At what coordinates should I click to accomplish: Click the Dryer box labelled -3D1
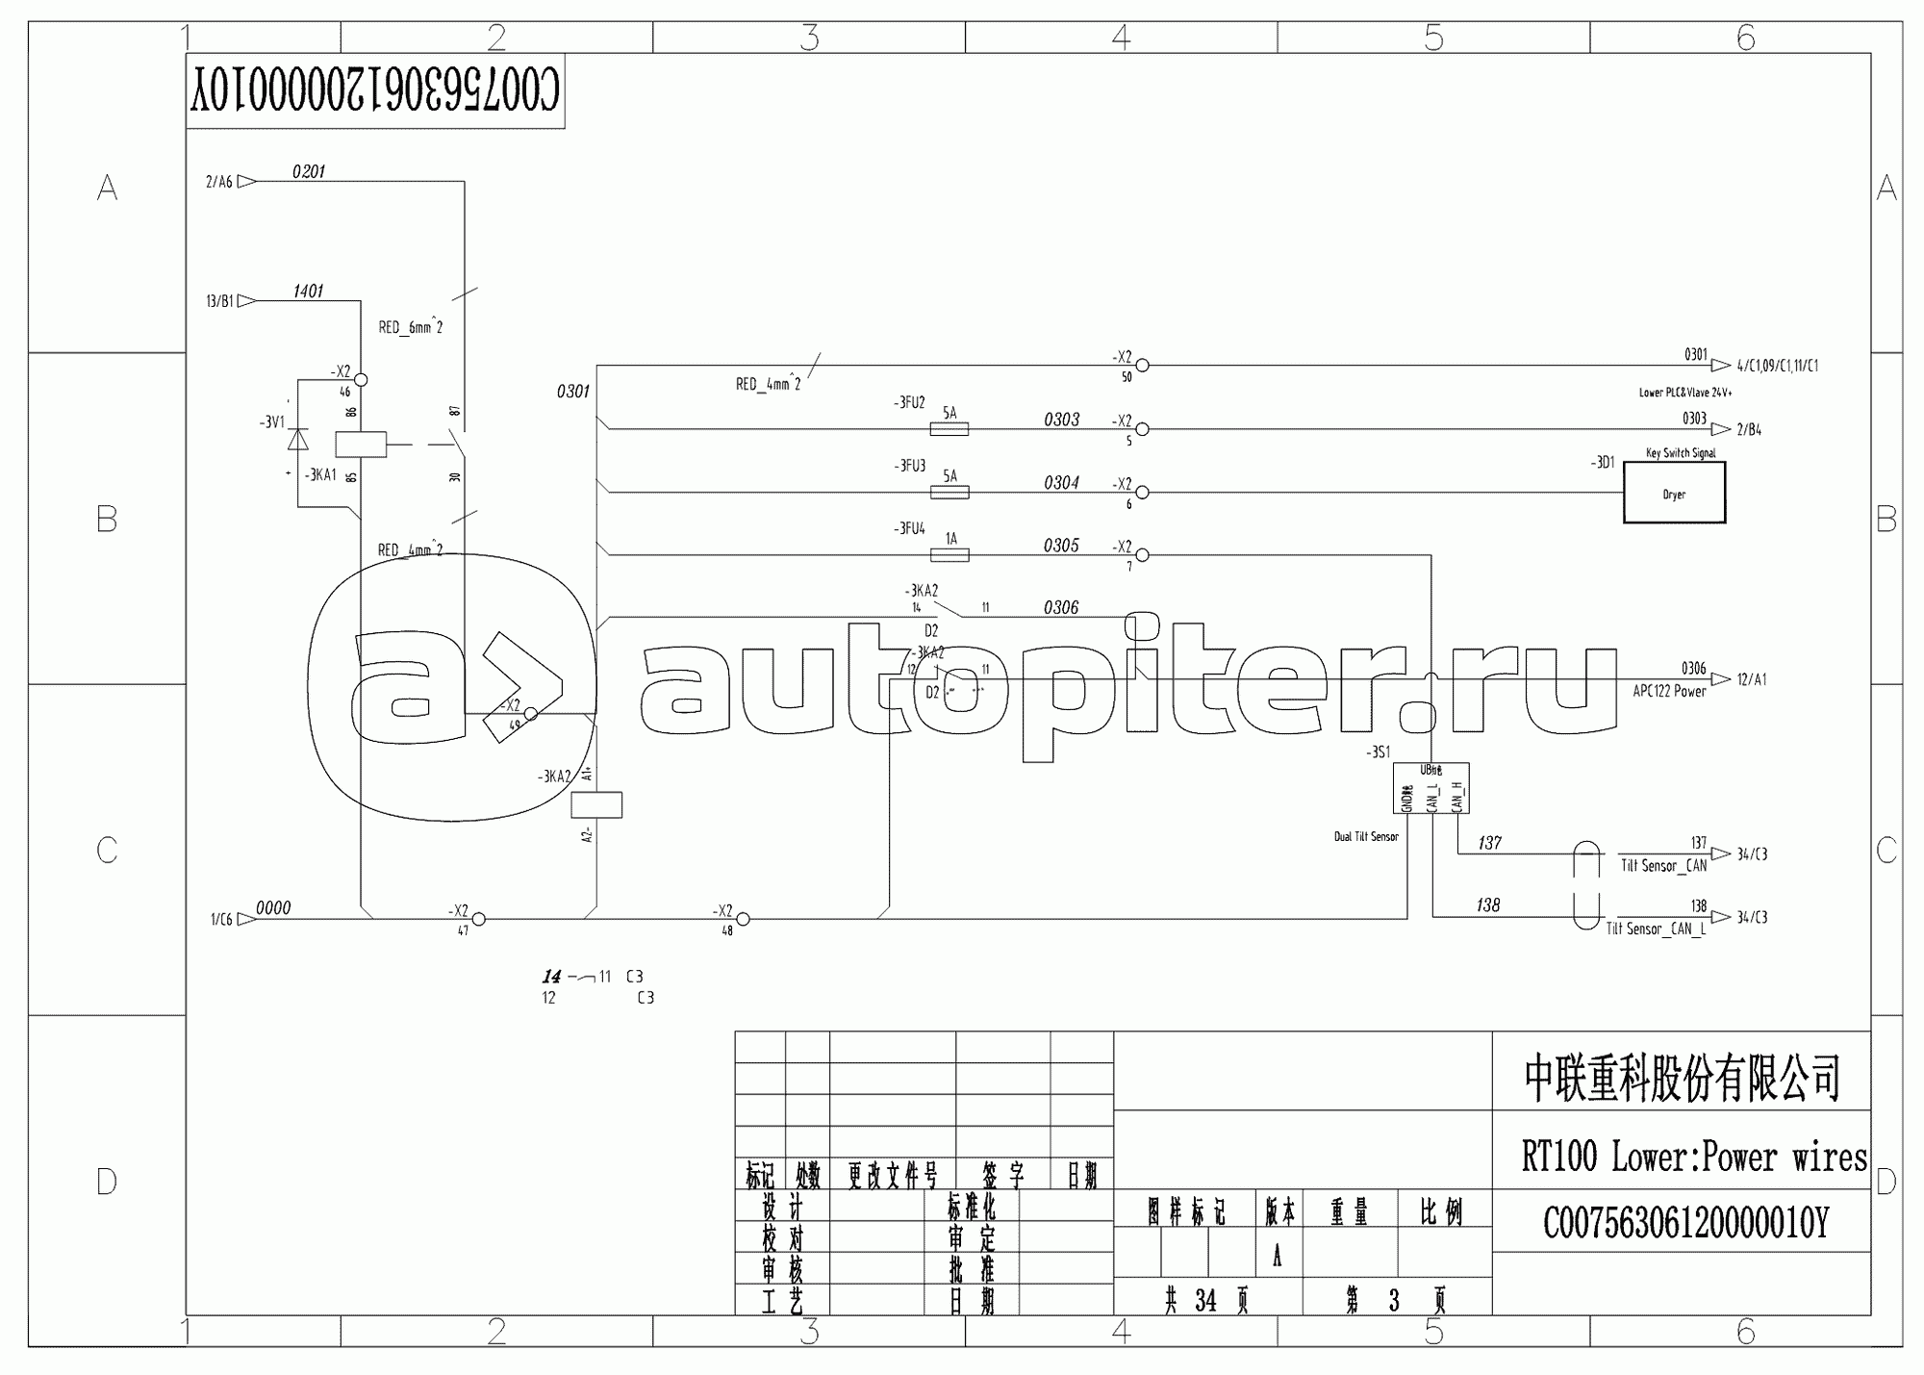(1674, 493)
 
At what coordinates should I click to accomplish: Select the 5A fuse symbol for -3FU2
(949, 429)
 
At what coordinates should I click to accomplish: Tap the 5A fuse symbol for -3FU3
(949, 493)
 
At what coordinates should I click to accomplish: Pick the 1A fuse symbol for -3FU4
(949, 555)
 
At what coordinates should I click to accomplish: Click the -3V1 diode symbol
(298, 441)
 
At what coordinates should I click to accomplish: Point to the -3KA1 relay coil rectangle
(361, 445)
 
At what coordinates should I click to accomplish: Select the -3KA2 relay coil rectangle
(596, 804)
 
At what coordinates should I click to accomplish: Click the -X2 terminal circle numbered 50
(1142, 366)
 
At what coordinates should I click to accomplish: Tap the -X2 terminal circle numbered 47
(478, 919)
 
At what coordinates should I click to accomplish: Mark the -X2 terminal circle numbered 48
(743, 919)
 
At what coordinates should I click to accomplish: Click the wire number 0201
(309, 172)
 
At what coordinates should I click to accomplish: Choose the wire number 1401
(308, 292)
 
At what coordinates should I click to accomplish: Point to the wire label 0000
(273, 908)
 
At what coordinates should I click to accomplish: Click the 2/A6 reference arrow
(246, 181)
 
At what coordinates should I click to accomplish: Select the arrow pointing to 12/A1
(1721, 679)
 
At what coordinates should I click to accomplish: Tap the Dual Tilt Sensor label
(1366, 837)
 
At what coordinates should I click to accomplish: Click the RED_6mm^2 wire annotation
(411, 327)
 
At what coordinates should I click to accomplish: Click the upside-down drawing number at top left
(374, 91)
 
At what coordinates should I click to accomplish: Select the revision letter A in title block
(1278, 1258)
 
